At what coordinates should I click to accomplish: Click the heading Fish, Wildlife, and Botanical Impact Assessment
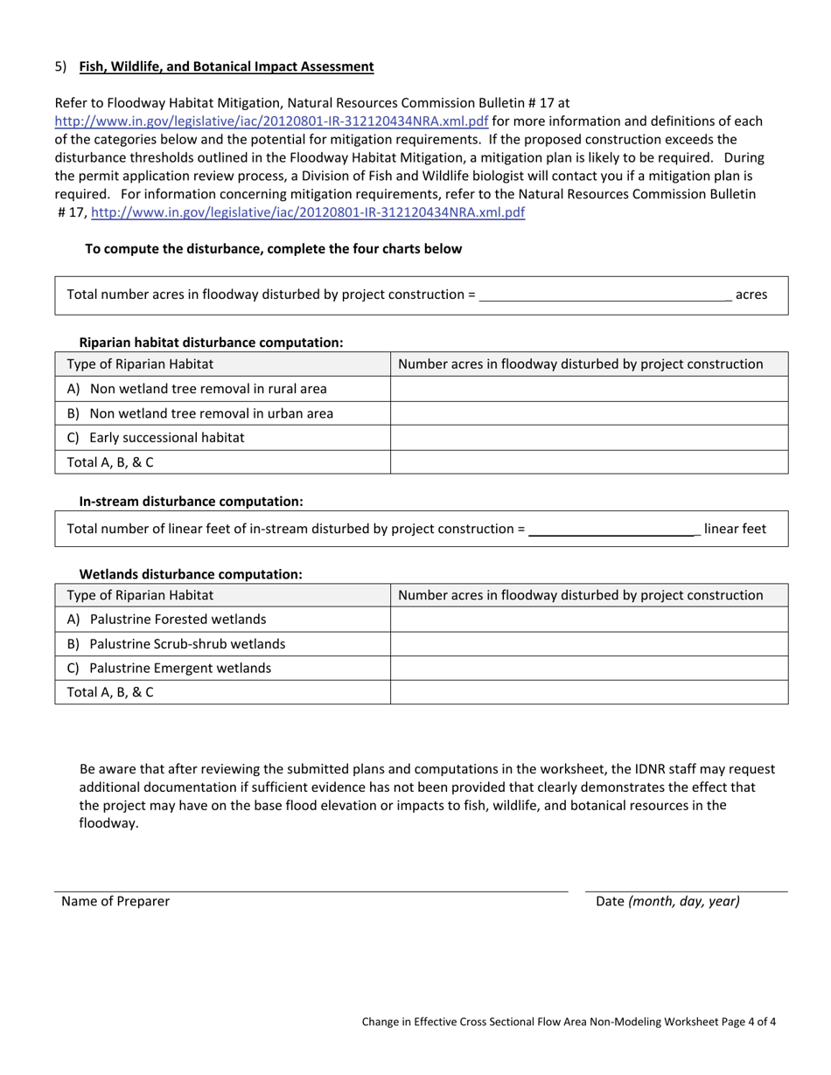click(x=227, y=66)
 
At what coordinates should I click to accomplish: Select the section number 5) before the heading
click(x=60, y=66)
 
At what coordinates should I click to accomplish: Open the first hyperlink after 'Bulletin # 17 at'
click(x=271, y=121)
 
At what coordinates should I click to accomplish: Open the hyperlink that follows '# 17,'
click(x=308, y=212)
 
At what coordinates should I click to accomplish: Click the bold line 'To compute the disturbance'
click(x=273, y=249)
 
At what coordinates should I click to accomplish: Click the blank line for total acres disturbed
click(x=605, y=295)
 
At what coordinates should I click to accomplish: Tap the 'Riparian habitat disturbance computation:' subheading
click(x=211, y=343)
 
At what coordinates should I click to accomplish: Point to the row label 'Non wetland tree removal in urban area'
click(x=211, y=413)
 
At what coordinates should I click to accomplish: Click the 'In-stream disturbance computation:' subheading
click(x=191, y=502)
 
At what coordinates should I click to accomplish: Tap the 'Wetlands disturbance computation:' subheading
click(x=191, y=574)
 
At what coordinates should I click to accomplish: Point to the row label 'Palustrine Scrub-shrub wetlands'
click(x=186, y=644)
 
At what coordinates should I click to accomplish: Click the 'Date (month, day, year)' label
click(x=667, y=901)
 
